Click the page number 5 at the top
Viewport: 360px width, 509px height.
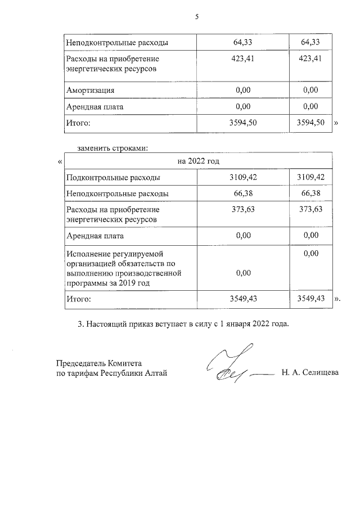(197, 17)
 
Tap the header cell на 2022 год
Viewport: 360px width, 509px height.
(198, 161)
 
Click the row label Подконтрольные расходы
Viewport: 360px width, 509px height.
(112, 178)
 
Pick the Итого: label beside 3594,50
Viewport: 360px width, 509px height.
(78, 121)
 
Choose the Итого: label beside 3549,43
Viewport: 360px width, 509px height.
(78, 299)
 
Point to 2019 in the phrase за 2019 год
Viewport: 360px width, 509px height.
(128, 282)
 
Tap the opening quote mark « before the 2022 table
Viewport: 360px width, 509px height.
(60, 162)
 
